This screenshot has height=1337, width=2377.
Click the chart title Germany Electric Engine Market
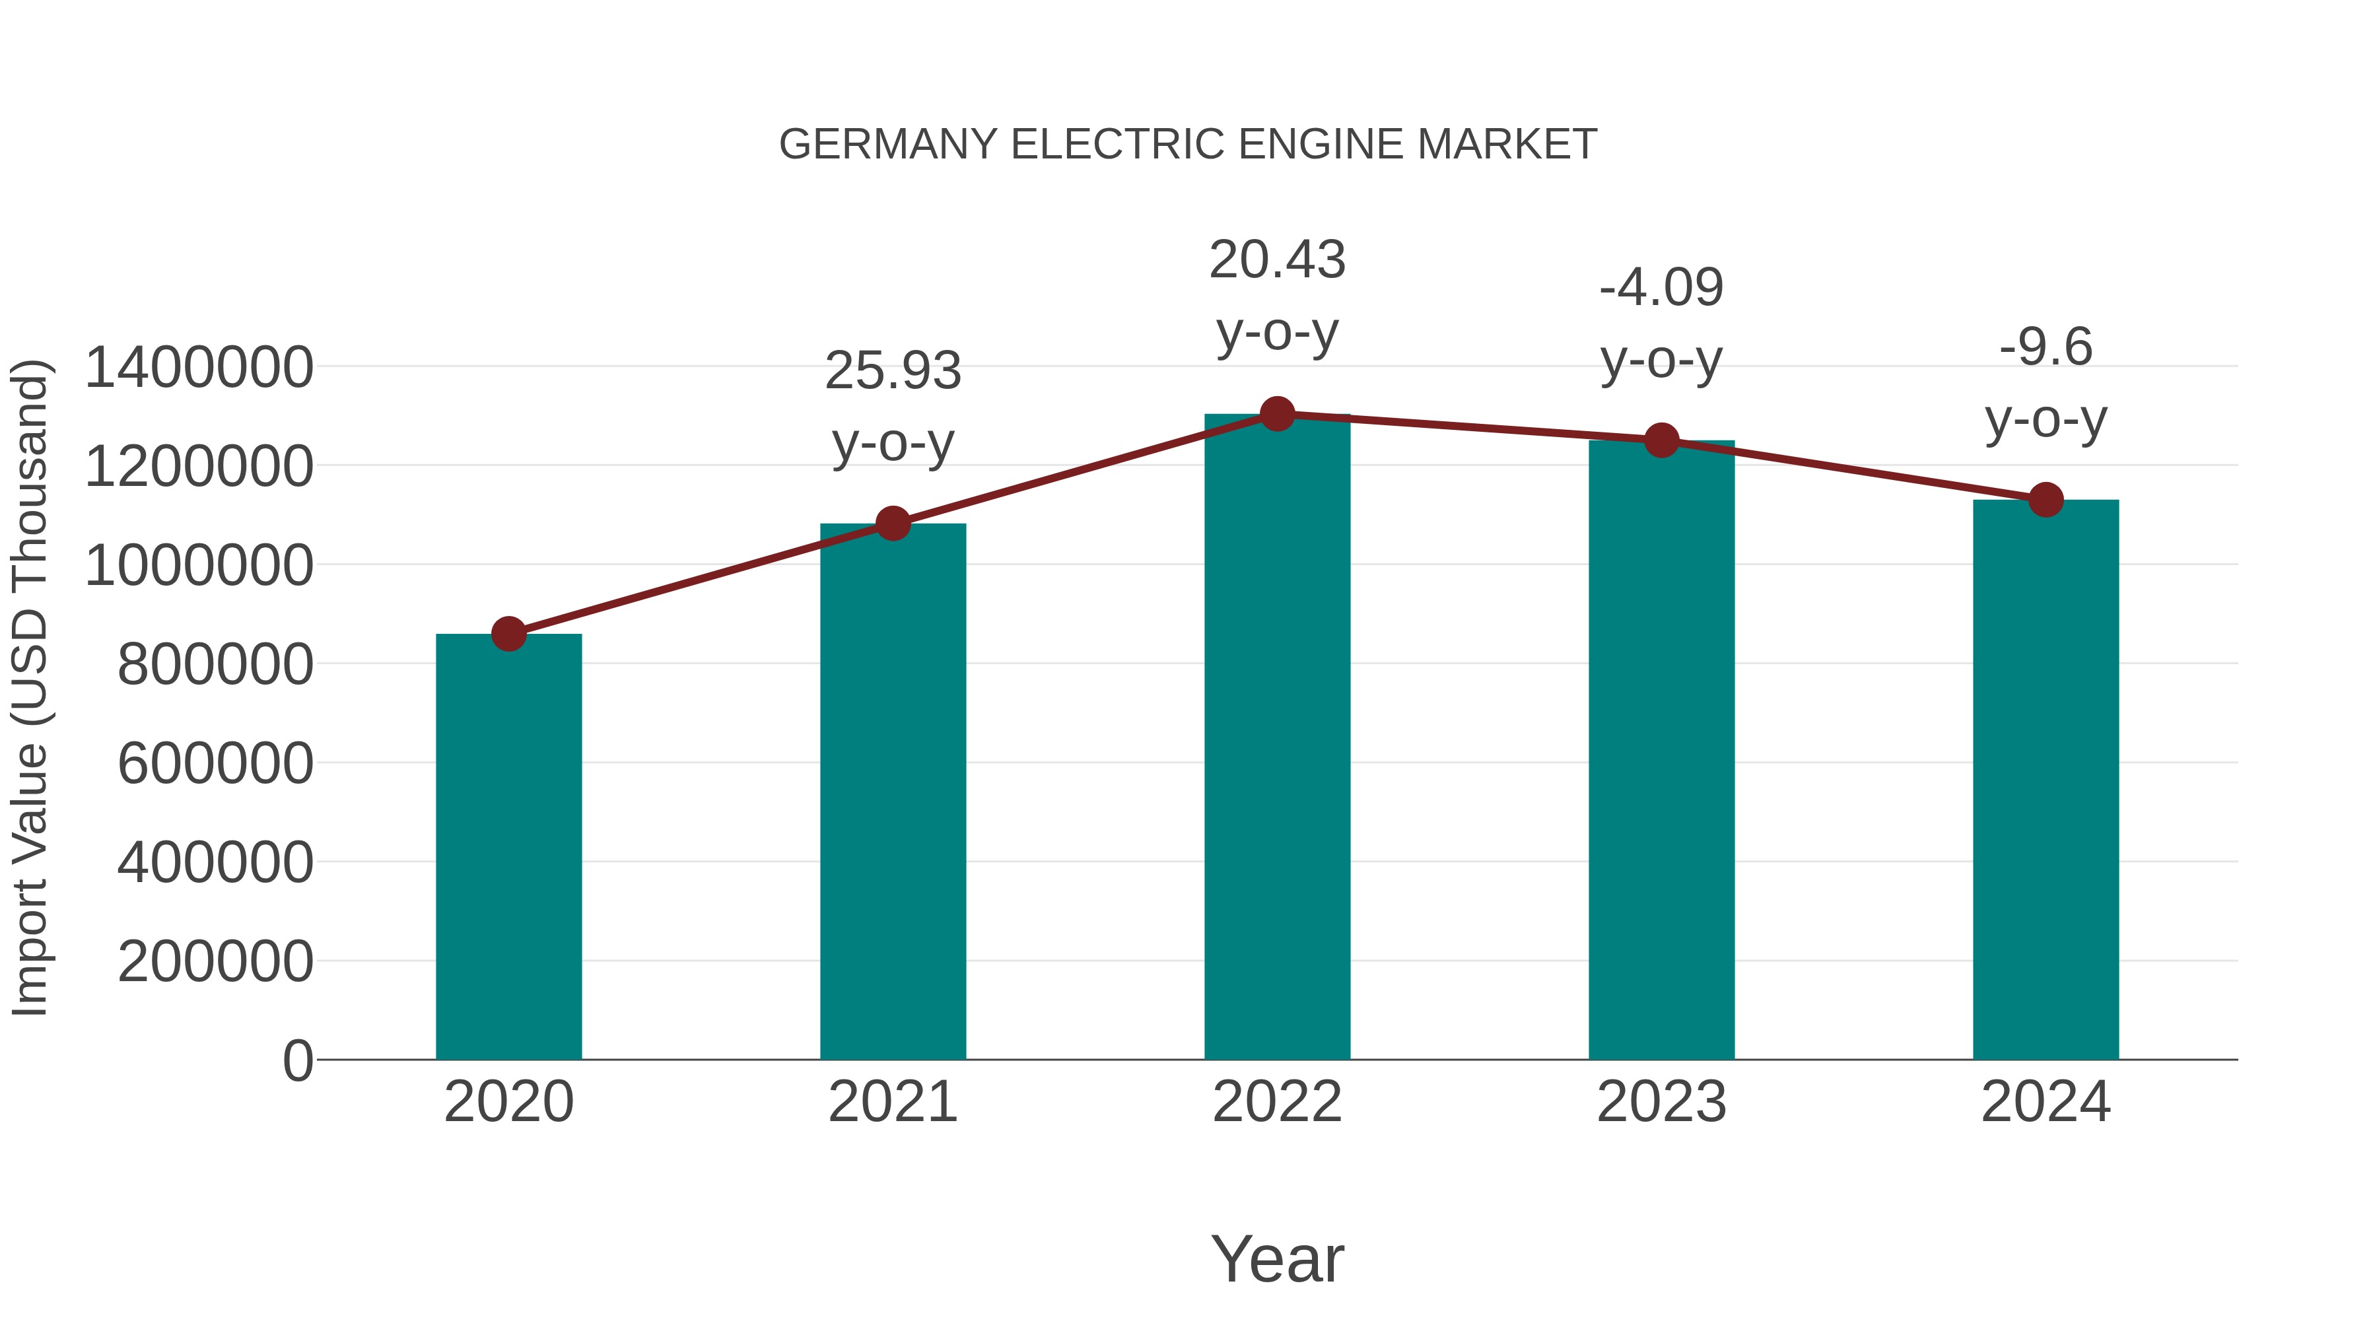tap(1188, 145)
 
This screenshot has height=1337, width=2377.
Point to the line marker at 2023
tap(1661, 441)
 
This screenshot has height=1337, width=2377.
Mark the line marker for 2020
tap(508, 634)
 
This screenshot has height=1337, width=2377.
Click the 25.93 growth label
tap(892, 371)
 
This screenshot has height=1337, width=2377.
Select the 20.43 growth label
tap(1277, 259)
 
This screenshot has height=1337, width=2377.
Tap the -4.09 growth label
tap(1661, 287)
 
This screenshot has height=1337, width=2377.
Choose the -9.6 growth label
tap(2046, 348)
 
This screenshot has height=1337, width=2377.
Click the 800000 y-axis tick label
tap(215, 664)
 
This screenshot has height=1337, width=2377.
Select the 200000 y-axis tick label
tap(215, 961)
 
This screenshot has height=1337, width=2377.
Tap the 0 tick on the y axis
tap(297, 1060)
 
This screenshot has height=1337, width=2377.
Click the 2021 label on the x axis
tap(892, 1102)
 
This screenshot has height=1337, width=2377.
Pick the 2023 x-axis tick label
tap(1661, 1102)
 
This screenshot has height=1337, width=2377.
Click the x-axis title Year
tap(1277, 1258)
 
